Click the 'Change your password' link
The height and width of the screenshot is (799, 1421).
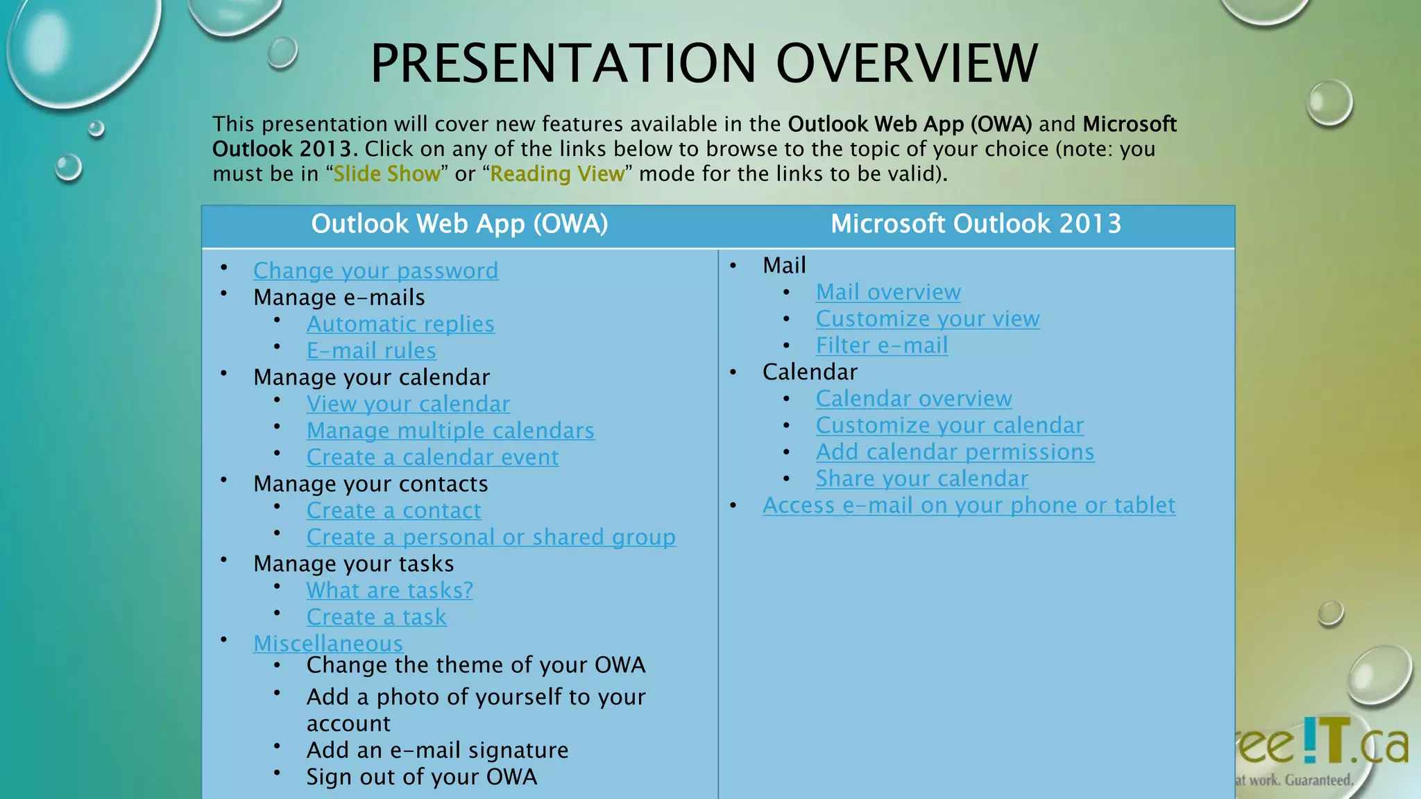click(375, 270)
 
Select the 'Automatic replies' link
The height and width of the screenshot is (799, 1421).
click(400, 324)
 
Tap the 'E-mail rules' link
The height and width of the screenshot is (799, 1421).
click(371, 351)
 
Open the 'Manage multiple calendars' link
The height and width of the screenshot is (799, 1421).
click(450, 431)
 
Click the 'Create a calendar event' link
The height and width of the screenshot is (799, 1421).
click(432, 458)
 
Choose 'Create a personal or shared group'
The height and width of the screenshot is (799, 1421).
click(491, 538)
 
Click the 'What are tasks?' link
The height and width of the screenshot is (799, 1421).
click(389, 590)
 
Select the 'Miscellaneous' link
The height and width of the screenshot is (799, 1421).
click(327, 644)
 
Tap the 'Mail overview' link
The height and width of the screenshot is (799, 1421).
click(888, 293)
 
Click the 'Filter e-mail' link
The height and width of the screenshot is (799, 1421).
click(881, 345)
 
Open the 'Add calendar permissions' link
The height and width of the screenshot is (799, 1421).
click(955, 452)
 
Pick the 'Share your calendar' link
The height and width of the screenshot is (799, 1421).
click(921, 479)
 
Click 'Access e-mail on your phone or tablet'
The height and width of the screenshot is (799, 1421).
click(969, 506)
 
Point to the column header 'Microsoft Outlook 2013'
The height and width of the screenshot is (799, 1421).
click(976, 224)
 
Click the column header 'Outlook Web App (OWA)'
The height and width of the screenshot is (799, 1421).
click(459, 224)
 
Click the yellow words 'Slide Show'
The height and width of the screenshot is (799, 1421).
click(386, 173)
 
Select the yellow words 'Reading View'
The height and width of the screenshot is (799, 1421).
click(557, 173)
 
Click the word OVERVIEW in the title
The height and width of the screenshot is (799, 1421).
click(906, 64)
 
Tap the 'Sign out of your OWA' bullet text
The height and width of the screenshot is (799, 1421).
click(421, 777)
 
